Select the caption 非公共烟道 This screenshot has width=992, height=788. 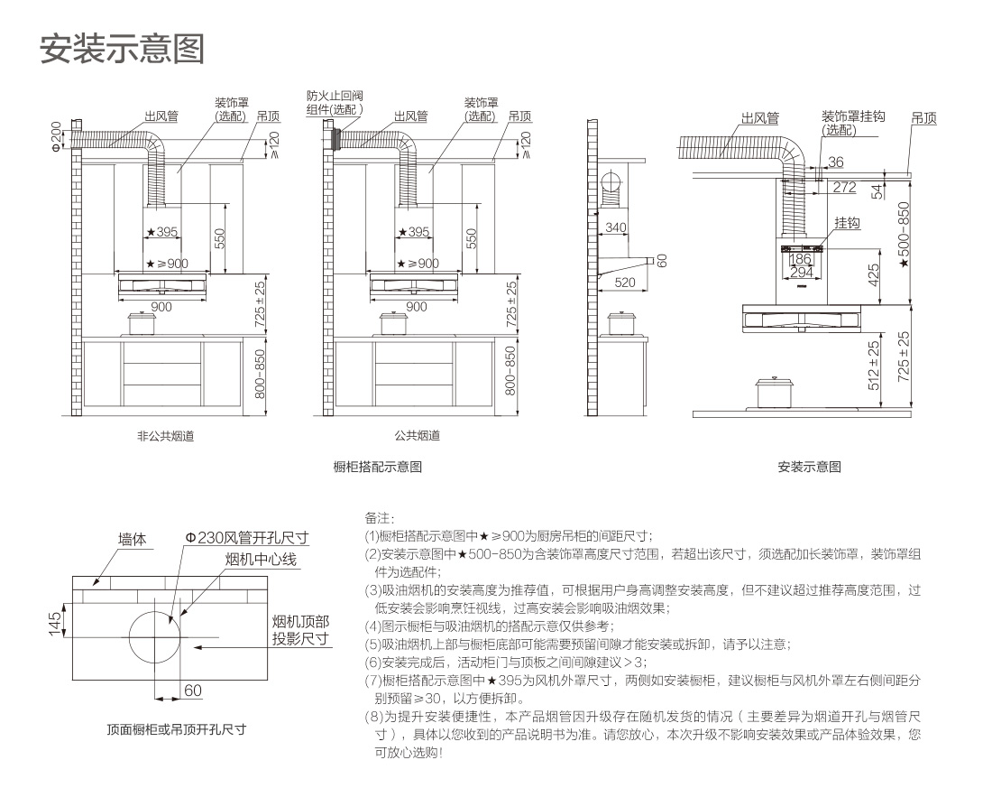[165, 436]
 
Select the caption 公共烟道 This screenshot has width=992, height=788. [418, 436]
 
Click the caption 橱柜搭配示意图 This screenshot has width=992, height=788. [378, 468]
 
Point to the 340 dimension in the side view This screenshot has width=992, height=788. [616, 227]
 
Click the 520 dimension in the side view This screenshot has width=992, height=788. [625, 283]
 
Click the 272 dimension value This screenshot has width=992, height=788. [844, 187]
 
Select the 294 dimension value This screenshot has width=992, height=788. [801, 272]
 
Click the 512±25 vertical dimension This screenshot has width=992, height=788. [873, 363]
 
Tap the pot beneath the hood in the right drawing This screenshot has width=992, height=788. [775, 393]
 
